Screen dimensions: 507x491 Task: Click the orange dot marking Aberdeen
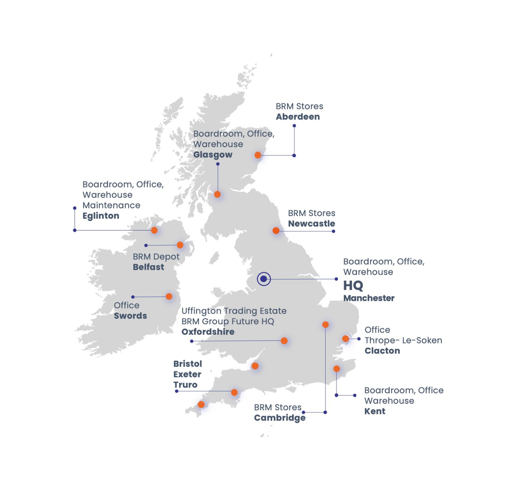258,155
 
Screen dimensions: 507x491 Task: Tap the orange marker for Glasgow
217,194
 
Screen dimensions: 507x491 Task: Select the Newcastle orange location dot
276,231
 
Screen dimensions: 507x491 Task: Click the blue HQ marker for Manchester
264,279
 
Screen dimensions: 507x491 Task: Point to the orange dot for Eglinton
154,230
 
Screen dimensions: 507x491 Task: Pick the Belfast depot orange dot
180,245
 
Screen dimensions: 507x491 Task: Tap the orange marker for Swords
169,297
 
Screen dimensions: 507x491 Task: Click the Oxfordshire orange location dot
284,341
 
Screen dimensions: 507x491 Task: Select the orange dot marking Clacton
345,338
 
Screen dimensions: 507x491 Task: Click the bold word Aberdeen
298,117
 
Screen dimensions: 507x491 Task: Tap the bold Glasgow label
213,155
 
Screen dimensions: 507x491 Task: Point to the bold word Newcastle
312,224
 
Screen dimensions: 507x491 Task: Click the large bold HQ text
353,286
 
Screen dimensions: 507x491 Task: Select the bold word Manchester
369,298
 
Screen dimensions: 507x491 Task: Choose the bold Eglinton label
101,216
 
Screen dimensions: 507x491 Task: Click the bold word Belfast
149,267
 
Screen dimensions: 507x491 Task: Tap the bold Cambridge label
280,418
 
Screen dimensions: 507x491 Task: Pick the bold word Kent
375,411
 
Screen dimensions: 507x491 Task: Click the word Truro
185,385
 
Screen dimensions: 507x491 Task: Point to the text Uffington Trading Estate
234,311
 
